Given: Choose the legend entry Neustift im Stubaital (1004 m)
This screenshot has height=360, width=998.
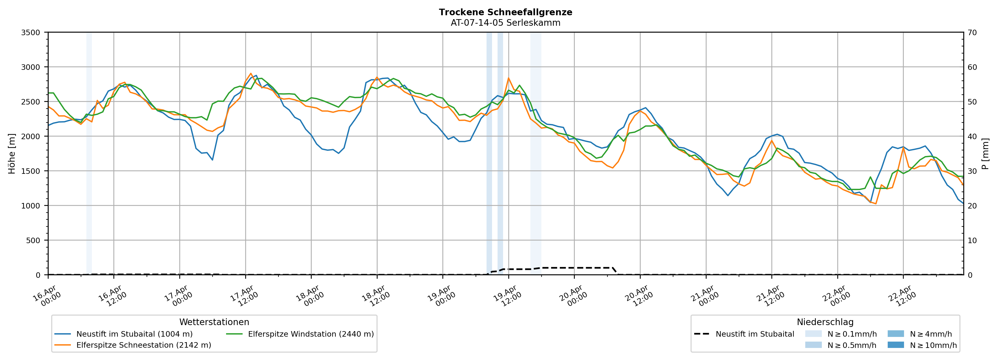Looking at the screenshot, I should tap(134, 334).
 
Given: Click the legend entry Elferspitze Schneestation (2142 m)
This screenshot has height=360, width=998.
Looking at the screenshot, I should tap(143, 345).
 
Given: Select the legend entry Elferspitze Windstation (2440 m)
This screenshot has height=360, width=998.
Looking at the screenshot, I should tap(311, 334).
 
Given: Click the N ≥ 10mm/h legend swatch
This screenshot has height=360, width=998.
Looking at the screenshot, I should tap(895, 345).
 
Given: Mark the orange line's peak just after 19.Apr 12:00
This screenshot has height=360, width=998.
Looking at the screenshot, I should tap(508, 78).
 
